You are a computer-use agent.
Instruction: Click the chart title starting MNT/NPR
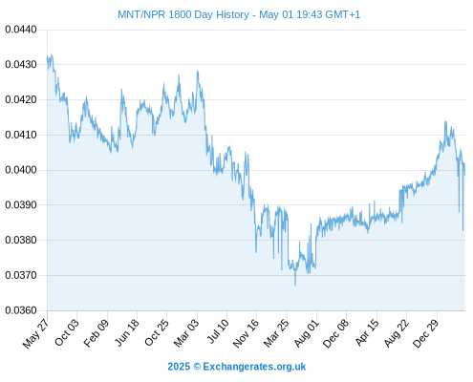pyautogui.click(x=239, y=14)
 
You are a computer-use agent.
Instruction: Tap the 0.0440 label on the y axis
pyautogui.click(x=21, y=30)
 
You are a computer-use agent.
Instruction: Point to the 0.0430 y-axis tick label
pyautogui.click(x=21, y=65)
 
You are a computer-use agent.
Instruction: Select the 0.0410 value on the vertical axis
pyautogui.click(x=21, y=135)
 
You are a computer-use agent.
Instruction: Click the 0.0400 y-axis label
pyautogui.click(x=21, y=170)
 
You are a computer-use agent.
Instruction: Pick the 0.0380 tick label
pyautogui.click(x=21, y=240)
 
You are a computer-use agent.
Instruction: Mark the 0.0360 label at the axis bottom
pyautogui.click(x=21, y=310)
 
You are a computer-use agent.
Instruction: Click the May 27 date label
pyautogui.click(x=36, y=333)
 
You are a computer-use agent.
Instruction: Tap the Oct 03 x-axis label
pyautogui.click(x=67, y=332)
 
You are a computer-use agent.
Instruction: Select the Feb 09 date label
pyautogui.click(x=97, y=333)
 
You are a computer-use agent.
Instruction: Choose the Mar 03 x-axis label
pyautogui.click(x=186, y=332)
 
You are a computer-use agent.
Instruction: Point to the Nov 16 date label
pyautogui.click(x=246, y=333)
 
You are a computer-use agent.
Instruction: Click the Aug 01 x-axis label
pyautogui.click(x=306, y=333)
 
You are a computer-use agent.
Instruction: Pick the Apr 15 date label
pyautogui.click(x=367, y=332)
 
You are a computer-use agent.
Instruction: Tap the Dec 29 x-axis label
pyautogui.click(x=426, y=333)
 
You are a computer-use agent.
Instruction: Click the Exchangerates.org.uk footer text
pyautogui.click(x=254, y=367)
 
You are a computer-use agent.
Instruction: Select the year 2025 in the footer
pyautogui.click(x=179, y=367)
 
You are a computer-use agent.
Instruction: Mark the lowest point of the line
pyautogui.click(x=295, y=285)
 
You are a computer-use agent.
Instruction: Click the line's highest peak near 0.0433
pyautogui.click(x=52, y=53)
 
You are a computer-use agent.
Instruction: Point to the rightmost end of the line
pyautogui.click(x=464, y=175)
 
